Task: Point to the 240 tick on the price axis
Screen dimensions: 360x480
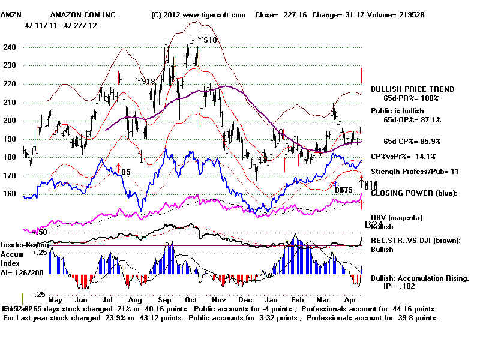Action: pyautogui.click(x=10, y=47)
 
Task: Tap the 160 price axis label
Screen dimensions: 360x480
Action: pyautogui.click(x=10, y=194)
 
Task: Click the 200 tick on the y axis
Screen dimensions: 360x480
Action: pyautogui.click(x=10, y=121)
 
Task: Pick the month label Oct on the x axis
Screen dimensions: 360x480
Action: pyautogui.click(x=191, y=299)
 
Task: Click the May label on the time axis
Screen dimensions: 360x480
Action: pyautogui.click(x=55, y=299)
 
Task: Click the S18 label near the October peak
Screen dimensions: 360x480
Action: pyautogui.click(x=210, y=40)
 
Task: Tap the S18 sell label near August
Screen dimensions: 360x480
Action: pyautogui.click(x=149, y=80)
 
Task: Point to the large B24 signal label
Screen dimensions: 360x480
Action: pyautogui.click(x=374, y=225)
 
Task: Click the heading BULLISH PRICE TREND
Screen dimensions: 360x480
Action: pyautogui.click(x=412, y=89)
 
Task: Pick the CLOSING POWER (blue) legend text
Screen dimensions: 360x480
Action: pyautogui.click(x=413, y=193)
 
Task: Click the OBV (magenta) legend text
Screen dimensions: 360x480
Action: pyautogui.click(x=399, y=217)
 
